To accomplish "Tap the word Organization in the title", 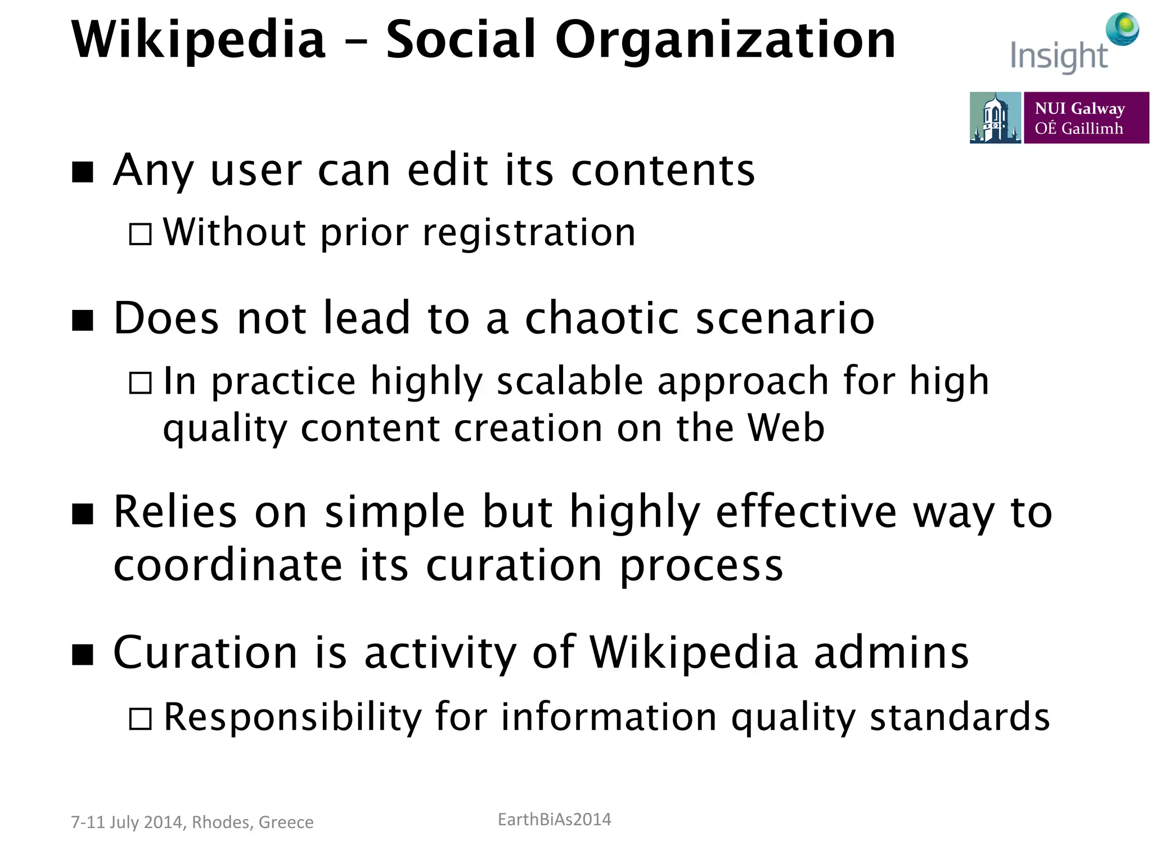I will (725, 40).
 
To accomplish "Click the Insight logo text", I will (1058, 57).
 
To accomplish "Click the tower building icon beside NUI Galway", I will (994, 118).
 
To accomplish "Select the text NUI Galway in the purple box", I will (1079, 108).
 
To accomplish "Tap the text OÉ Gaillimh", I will (1078, 129).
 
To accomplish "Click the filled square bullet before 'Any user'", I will (83, 172).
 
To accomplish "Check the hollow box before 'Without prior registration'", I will (140, 234).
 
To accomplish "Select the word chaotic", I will (602, 318).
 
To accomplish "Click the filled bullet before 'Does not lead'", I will (83, 321).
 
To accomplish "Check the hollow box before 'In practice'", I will (140, 383).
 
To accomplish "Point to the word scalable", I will (570, 381).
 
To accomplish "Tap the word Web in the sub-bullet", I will (786, 429).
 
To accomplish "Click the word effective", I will (806, 512).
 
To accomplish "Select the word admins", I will (891, 652).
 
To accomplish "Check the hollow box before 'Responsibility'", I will (140, 718).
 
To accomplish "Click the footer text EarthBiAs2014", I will (554, 820).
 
